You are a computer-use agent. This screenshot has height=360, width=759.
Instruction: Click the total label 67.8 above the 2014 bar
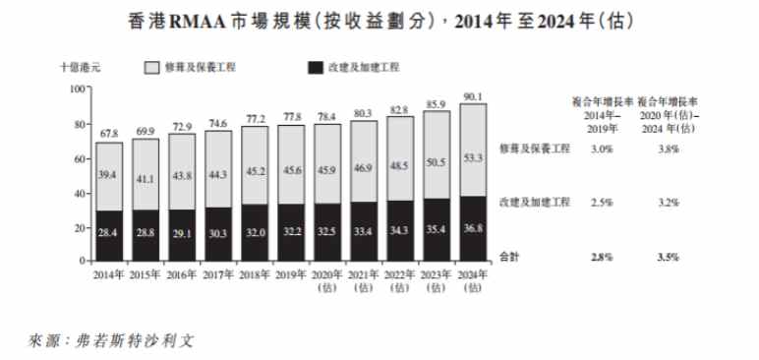(x=109, y=133)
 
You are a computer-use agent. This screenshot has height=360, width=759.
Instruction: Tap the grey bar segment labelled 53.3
(x=473, y=157)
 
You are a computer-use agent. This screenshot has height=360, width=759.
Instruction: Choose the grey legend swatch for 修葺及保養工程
(x=153, y=68)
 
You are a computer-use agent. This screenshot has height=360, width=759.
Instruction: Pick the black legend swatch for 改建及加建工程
(x=317, y=68)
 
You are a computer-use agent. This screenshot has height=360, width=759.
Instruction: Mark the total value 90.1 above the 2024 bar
(x=473, y=96)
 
